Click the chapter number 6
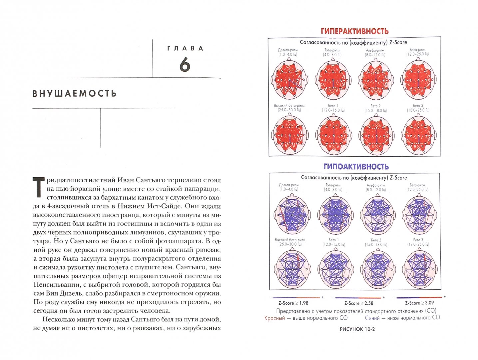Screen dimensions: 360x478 coord(185,64)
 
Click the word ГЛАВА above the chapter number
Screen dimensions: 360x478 coord(185,48)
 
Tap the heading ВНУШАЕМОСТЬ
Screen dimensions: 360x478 coord(75,94)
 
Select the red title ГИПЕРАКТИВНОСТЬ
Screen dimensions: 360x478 coord(354,31)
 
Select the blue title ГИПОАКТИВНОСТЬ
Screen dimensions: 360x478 coord(356,166)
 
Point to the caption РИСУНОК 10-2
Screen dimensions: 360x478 coord(357,329)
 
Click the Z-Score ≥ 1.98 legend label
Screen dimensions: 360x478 coord(293,303)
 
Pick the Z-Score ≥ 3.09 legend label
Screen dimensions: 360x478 coord(419,303)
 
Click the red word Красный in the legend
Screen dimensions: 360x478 coord(274,318)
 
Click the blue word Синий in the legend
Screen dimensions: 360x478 coord(372,318)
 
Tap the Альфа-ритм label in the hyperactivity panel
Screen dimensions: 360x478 coord(375,51)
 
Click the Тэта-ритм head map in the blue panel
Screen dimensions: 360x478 coord(333,215)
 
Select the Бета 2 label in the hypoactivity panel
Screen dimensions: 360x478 coord(376,240)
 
